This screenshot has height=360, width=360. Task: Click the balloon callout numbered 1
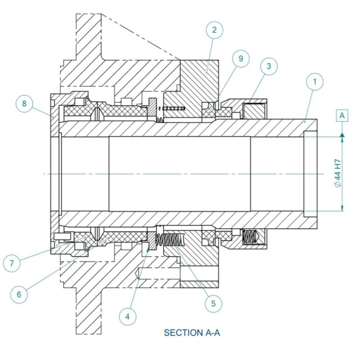(x=315, y=82)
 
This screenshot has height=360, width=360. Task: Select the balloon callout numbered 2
(x=214, y=30)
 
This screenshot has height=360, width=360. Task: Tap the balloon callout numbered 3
(x=269, y=67)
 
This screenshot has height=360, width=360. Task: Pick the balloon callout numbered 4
(x=128, y=316)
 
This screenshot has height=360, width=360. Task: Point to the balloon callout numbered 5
(x=213, y=303)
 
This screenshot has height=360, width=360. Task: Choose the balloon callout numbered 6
(x=19, y=294)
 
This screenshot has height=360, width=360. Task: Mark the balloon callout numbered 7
(x=12, y=262)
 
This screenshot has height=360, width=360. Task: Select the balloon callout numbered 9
(x=241, y=58)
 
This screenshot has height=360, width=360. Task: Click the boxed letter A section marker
(x=342, y=115)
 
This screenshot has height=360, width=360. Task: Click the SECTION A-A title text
(x=192, y=333)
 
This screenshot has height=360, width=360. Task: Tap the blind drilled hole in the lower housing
(x=157, y=273)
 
